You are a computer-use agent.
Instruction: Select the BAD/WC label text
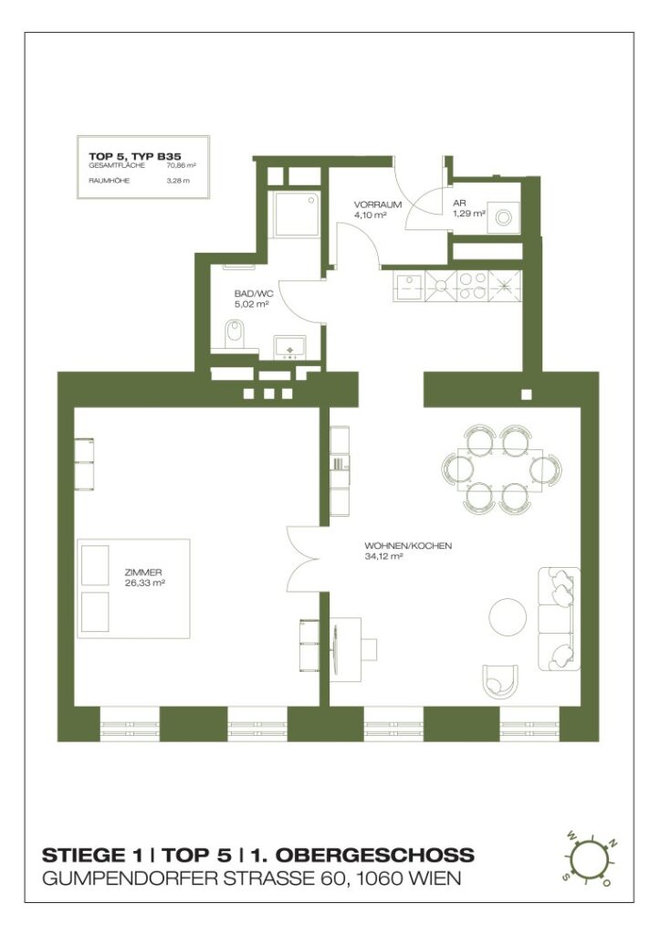pyautogui.click(x=253, y=294)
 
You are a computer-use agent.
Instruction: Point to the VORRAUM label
pyautogui.click(x=377, y=205)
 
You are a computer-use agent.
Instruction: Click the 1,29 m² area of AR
pyautogui.click(x=468, y=216)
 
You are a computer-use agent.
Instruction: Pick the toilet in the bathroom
pyautogui.click(x=234, y=333)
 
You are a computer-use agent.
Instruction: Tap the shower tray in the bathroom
pyautogui.click(x=297, y=215)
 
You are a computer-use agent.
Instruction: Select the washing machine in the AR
pyautogui.click(x=500, y=216)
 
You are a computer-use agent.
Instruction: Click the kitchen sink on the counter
pyautogui.click(x=408, y=289)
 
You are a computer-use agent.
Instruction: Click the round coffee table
pyautogui.click(x=508, y=617)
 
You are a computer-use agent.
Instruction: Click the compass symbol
pyautogui.click(x=589, y=861)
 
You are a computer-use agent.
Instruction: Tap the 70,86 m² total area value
pyautogui.click(x=181, y=167)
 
